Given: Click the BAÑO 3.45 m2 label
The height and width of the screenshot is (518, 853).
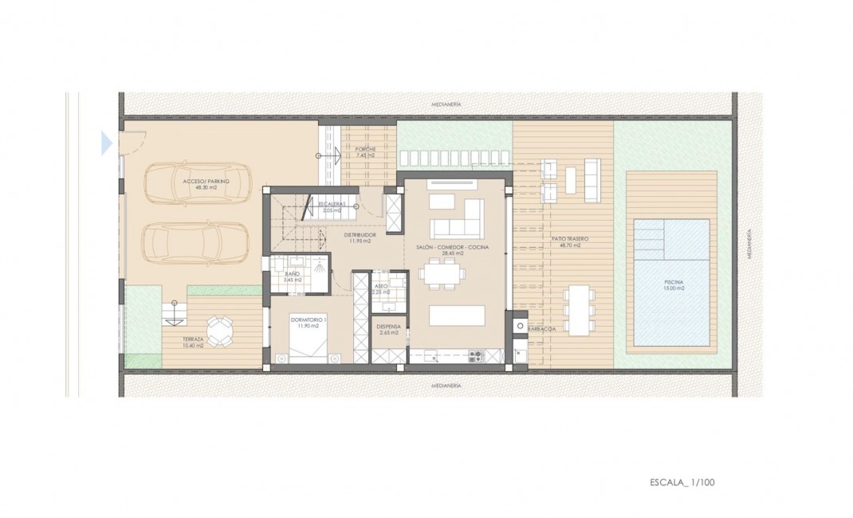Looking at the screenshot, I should click(293, 277).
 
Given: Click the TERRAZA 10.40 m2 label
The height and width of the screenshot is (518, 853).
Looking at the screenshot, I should click(192, 343).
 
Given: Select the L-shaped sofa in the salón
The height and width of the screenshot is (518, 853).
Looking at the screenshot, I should click(458, 219).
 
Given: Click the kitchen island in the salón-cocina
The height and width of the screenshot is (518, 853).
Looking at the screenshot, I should click(456, 316).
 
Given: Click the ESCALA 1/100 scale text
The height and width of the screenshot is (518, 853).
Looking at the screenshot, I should click(683, 482).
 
